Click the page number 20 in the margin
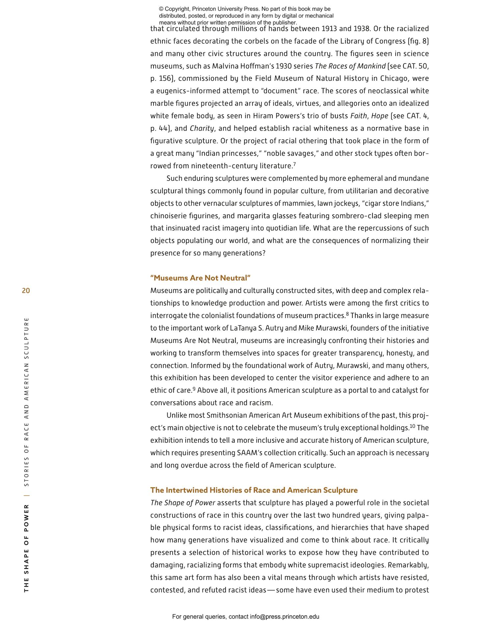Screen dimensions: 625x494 tap(26, 291)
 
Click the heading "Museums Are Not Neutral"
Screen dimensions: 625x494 tap(200, 278)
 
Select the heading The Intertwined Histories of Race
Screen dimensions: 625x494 tap(254, 490)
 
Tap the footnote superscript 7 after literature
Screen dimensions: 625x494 tap(294, 164)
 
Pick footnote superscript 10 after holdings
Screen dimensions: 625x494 tap(412, 426)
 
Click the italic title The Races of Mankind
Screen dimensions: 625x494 tap(350, 66)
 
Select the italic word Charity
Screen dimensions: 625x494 tap(202, 128)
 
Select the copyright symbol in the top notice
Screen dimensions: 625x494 tap(161, 9)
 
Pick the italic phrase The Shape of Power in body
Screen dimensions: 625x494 tap(182, 503)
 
